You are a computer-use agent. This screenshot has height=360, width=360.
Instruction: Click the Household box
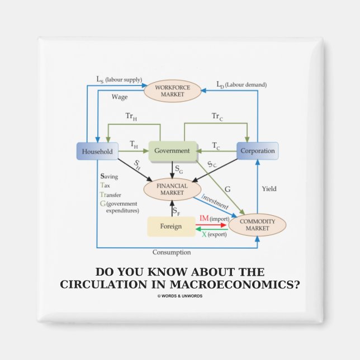click(x=97, y=151)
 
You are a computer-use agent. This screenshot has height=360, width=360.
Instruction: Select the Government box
click(x=172, y=150)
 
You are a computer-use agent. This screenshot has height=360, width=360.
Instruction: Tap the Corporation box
click(x=257, y=151)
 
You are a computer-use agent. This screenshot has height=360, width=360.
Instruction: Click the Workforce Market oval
click(x=173, y=91)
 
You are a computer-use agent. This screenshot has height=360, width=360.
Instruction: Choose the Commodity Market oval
click(x=257, y=225)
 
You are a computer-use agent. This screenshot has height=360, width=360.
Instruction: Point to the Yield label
click(x=269, y=189)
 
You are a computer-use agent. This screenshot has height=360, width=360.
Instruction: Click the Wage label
click(x=119, y=97)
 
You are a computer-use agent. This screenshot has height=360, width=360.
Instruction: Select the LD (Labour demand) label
click(x=241, y=84)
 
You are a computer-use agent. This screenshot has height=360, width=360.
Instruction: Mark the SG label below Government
click(x=178, y=168)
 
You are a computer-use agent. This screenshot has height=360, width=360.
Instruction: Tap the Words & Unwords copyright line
click(x=180, y=296)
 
